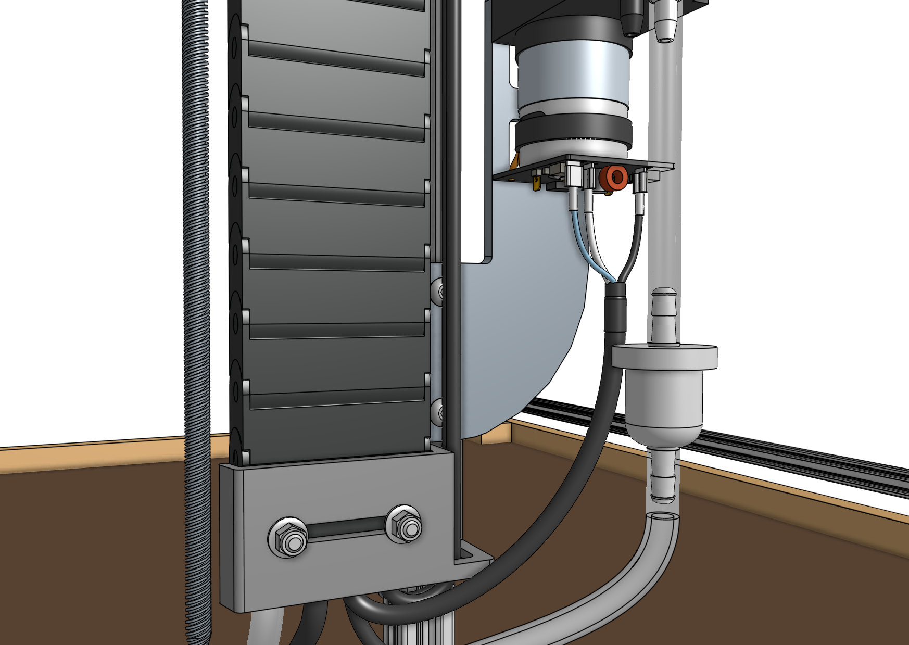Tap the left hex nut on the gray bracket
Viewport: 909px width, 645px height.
coord(288,537)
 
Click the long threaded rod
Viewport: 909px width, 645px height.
coord(197,312)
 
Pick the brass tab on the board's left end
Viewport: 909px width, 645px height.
coord(537,183)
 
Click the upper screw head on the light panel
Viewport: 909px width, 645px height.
coord(437,289)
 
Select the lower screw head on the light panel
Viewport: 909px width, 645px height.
coord(438,411)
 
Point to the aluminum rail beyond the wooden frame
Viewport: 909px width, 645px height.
coord(781,448)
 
